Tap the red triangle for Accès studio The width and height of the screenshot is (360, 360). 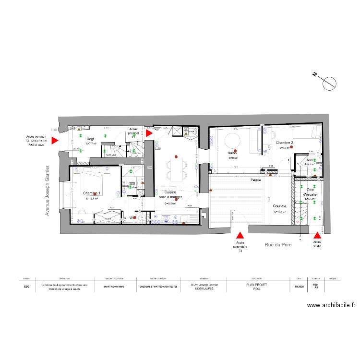coord(317,235)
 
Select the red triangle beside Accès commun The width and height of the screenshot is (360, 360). coord(55,140)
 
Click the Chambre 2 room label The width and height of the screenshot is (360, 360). coord(285,143)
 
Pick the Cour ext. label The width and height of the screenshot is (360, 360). coord(280,206)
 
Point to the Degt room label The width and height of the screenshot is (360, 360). coord(90,139)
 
